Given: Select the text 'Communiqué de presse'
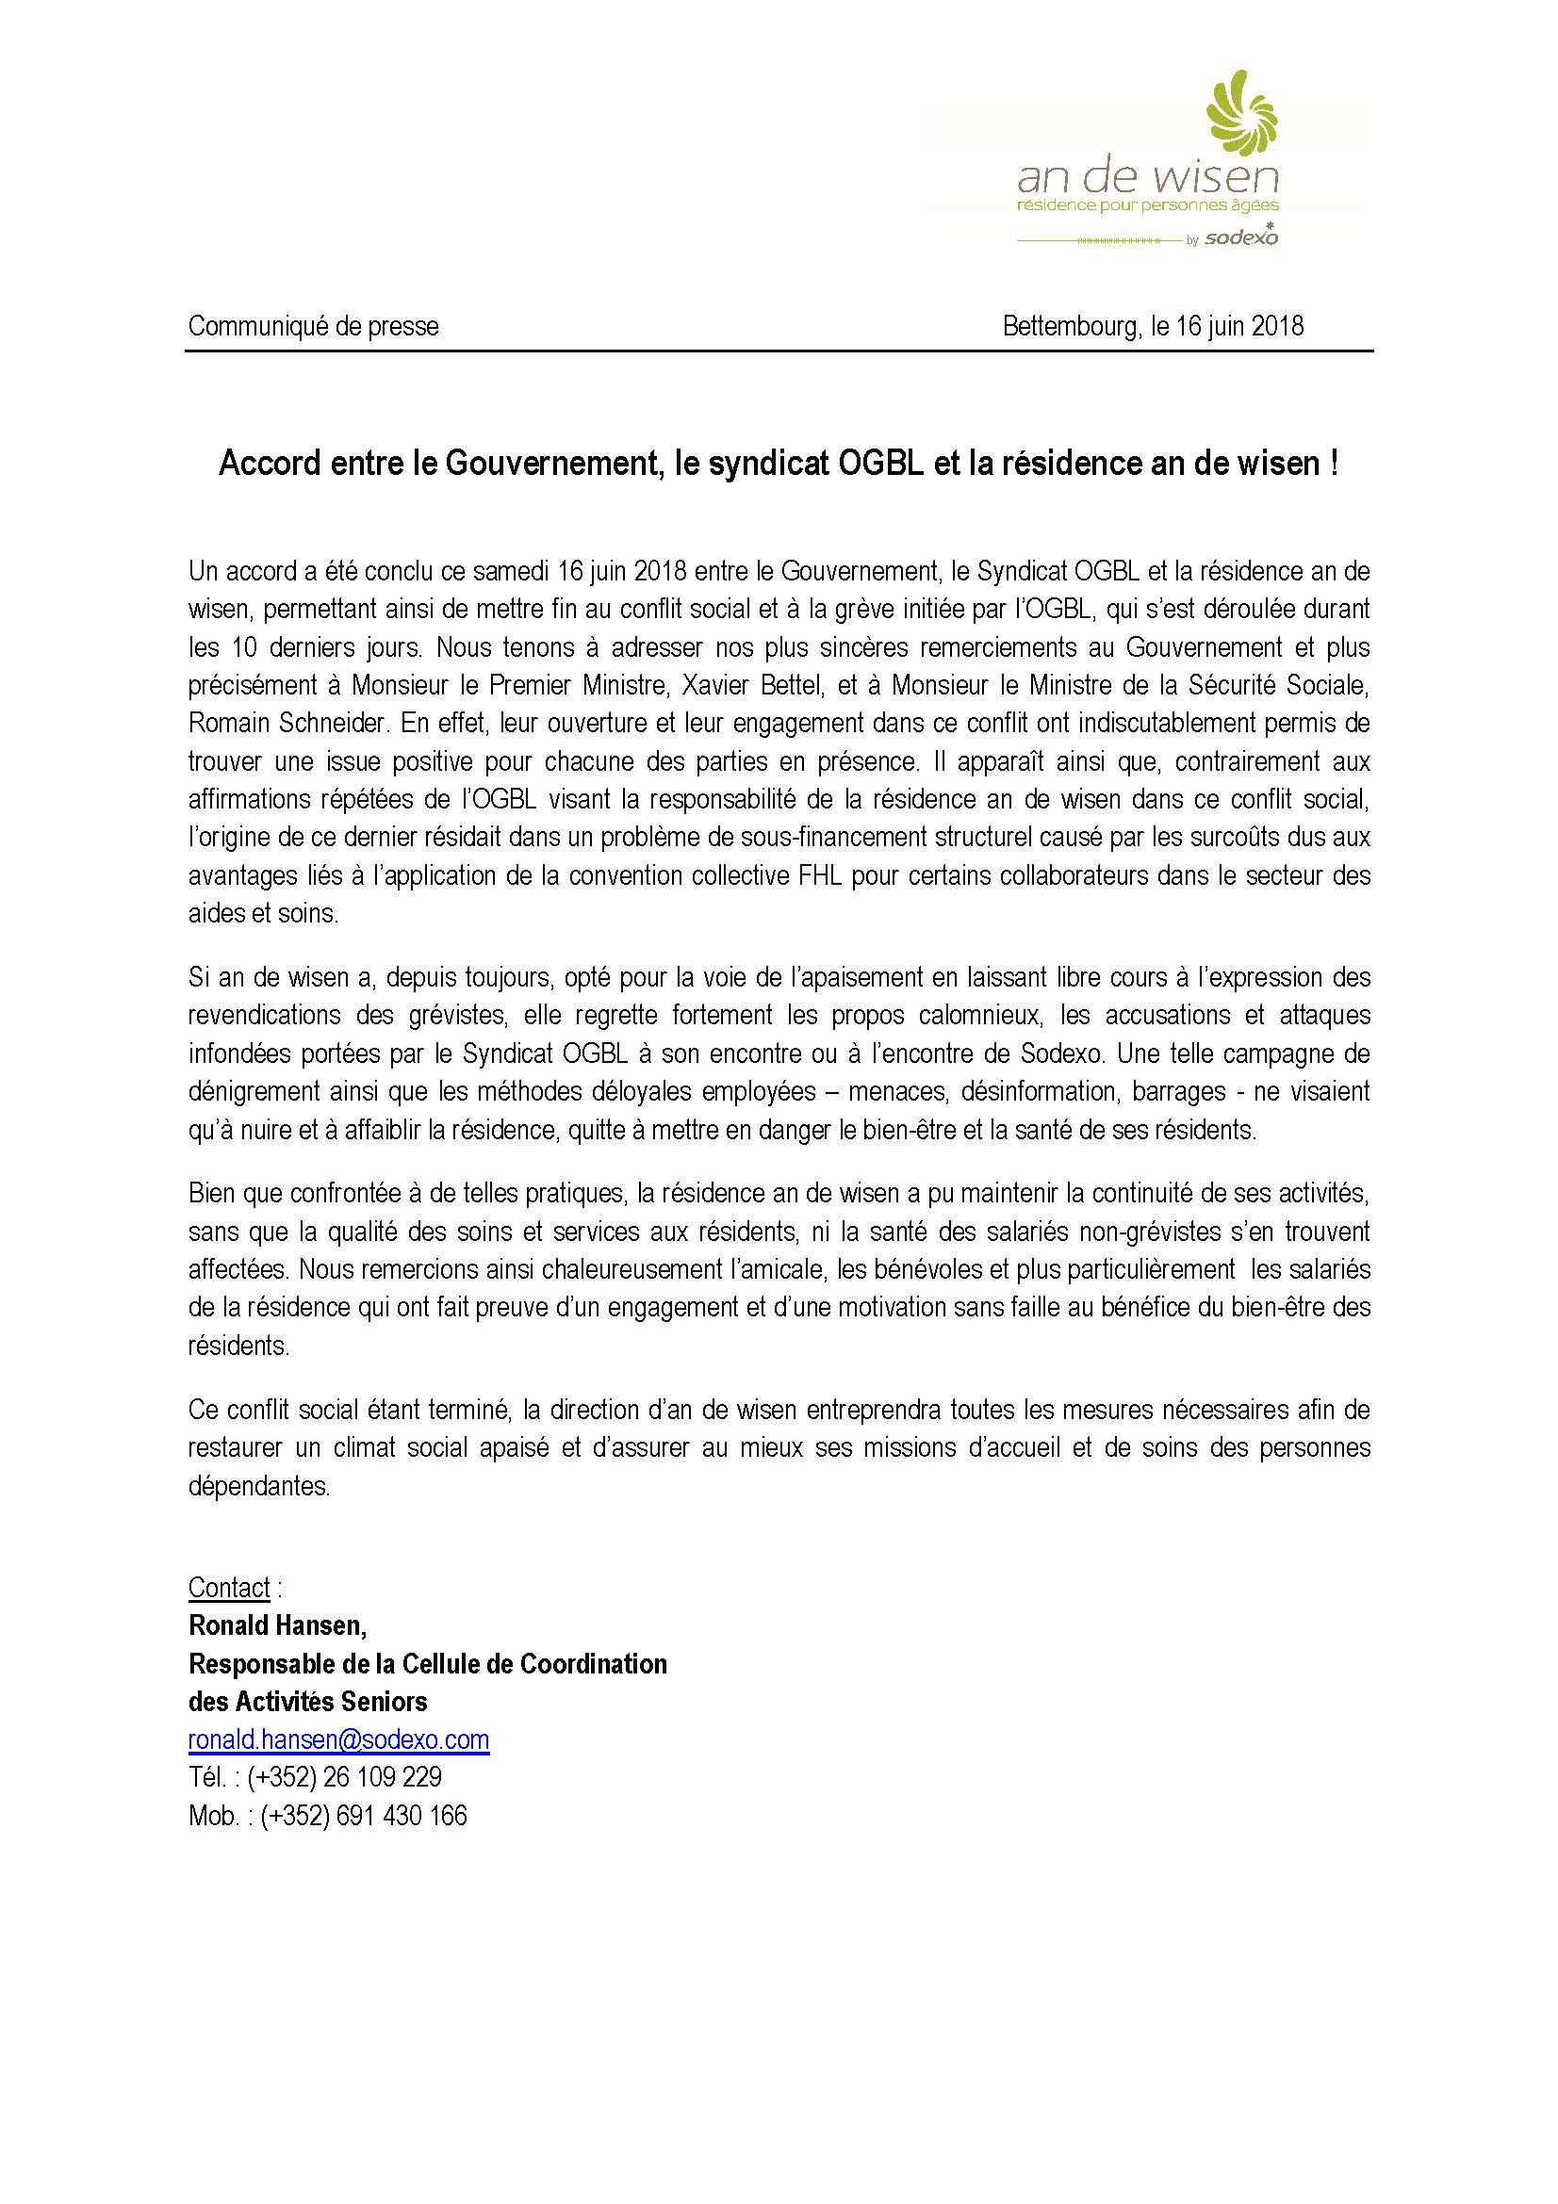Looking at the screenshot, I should [x=313, y=326].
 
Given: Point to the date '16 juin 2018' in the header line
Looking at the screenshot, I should [x=1239, y=326].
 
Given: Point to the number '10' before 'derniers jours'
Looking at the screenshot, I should [x=246, y=648].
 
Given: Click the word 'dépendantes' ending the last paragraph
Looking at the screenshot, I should [x=258, y=1485].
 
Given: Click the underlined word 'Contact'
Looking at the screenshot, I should [x=229, y=1588].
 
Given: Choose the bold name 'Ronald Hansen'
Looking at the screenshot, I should [x=274, y=1625].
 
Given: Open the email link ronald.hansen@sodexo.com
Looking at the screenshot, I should [x=339, y=1740].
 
